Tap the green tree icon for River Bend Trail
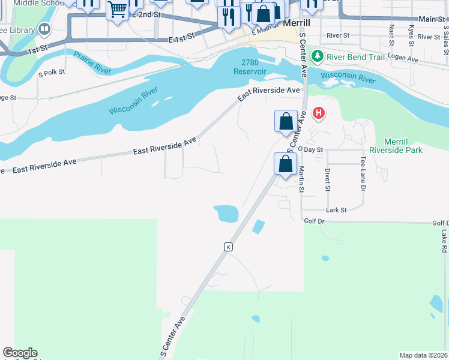[x=318, y=56]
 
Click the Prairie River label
[x=92, y=63]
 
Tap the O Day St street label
[x=310, y=149]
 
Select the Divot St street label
[x=328, y=179]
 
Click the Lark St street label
[x=336, y=210]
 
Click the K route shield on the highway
[x=228, y=247]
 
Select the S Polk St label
[x=51, y=72]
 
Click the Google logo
[x=20, y=353]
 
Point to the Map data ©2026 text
[x=424, y=355]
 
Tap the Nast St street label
[x=391, y=35]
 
